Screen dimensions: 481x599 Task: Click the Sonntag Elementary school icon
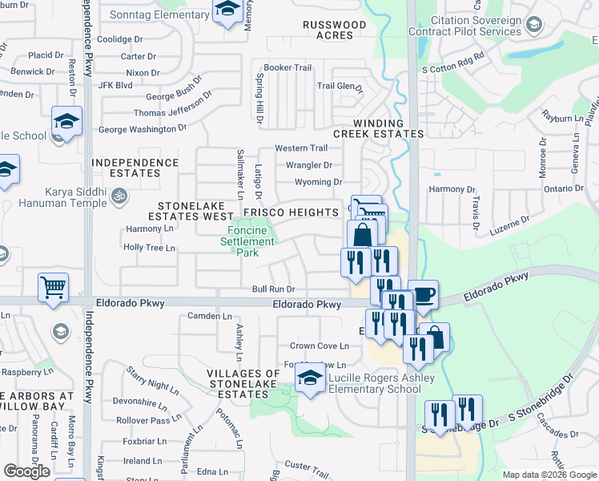[228, 11]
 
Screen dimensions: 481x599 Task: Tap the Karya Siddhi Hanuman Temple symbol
[119, 194]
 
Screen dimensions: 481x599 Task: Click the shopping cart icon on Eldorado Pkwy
[53, 287]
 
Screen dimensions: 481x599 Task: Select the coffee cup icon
[423, 293]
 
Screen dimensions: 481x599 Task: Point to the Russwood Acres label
[334, 30]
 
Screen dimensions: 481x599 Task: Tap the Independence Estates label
[135, 168]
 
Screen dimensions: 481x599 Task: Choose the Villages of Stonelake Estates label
[243, 379]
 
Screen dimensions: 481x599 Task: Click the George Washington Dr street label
[143, 128]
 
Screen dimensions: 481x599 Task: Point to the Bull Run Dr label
[274, 289]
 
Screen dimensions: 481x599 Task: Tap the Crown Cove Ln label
[320, 346]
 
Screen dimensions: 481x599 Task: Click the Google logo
[26, 471]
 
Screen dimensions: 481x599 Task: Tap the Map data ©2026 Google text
[549, 475]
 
